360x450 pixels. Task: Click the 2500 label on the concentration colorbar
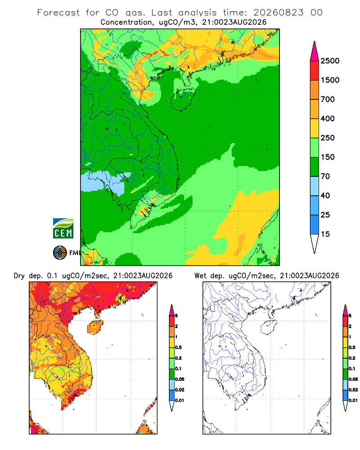[330, 61]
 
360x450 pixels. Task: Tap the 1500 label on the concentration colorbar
[330, 80]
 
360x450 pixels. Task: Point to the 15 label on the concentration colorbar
[325, 234]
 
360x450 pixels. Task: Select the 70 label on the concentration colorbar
[325, 176]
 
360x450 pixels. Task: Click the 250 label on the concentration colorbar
[328, 138]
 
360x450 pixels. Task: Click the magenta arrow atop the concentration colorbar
[315, 52]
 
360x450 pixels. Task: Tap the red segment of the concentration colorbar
[315, 71]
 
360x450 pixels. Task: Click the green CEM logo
[63, 229]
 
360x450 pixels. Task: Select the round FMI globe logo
[60, 253]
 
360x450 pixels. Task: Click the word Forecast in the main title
[58, 13]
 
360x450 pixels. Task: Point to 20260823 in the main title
[278, 13]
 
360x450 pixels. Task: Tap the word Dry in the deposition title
[19, 276]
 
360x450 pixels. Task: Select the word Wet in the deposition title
[200, 276]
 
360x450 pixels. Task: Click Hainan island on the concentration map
[183, 99]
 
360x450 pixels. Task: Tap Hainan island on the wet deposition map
[269, 327]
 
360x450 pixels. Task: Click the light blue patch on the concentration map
[104, 182]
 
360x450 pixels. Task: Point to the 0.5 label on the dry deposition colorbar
[178, 347]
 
